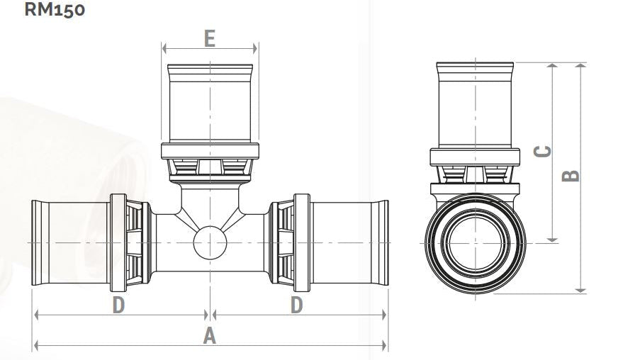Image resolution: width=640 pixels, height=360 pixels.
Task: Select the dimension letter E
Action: pyautogui.click(x=209, y=38)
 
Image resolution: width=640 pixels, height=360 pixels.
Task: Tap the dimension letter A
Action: pyautogui.click(x=209, y=336)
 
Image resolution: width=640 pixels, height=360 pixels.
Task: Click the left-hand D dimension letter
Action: pyautogui.click(x=118, y=305)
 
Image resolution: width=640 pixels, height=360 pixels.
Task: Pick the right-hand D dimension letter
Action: pyautogui.click(x=296, y=305)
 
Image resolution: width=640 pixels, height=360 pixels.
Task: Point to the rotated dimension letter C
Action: pyautogui.click(x=542, y=152)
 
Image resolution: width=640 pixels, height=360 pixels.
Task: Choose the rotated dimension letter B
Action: pyautogui.click(x=571, y=175)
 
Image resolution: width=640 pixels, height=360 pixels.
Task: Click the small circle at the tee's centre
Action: pyautogui.click(x=210, y=243)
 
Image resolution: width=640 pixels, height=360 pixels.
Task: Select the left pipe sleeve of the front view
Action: pyautogui.click(x=71, y=243)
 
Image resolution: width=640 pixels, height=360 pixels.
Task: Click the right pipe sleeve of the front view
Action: pyautogui.click(x=349, y=243)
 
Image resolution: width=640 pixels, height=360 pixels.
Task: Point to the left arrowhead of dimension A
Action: pyautogui.click(x=36, y=346)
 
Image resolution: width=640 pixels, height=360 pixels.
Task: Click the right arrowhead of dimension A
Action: pyautogui.click(x=384, y=346)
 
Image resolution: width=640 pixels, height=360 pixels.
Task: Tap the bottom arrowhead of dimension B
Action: pyautogui.click(x=581, y=288)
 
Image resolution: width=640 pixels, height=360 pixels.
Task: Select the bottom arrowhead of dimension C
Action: pyautogui.click(x=554, y=239)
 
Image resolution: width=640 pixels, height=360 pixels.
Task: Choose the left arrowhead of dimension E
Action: pyautogui.click(x=165, y=49)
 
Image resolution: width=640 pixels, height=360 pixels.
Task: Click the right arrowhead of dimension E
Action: pyautogui.click(x=255, y=49)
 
